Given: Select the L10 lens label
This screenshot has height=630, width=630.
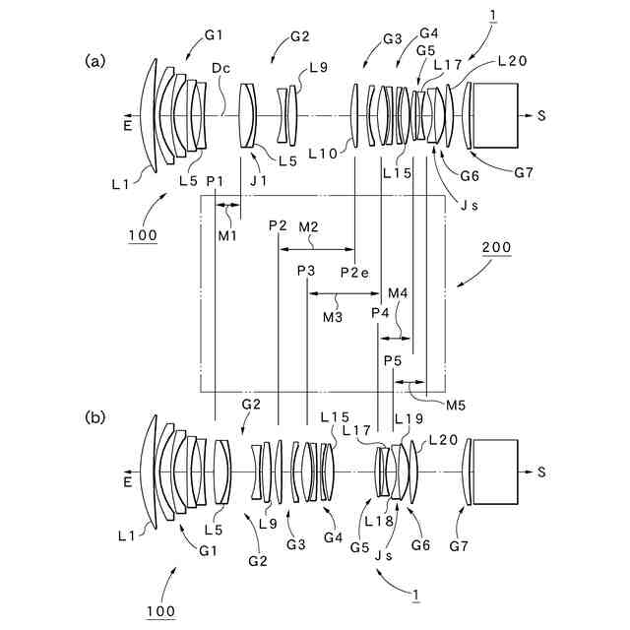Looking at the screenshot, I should pos(322,155).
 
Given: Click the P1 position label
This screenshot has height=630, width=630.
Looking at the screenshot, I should pos(217,180).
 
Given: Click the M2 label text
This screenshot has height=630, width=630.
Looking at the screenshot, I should pos(308,227).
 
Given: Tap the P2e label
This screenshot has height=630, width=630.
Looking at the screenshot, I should pos(354,273).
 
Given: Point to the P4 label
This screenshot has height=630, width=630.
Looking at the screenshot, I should pos(380,313).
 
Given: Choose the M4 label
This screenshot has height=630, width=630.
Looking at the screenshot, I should pos(398,293).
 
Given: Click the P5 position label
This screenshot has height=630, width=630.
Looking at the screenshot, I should pos(393,361).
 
